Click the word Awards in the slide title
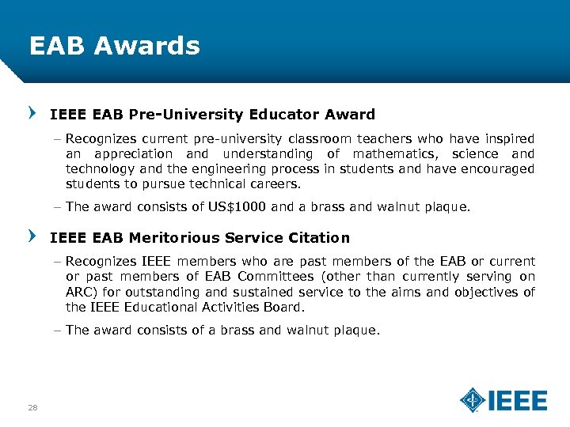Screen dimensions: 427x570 click(x=146, y=46)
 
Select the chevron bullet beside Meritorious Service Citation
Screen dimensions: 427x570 click(x=32, y=237)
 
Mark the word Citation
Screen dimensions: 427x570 click(x=319, y=237)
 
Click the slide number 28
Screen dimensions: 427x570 click(x=32, y=407)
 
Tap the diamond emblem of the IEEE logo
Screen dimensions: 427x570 click(x=473, y=400)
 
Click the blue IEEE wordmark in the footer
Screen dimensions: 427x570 click(x=517, y=401)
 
